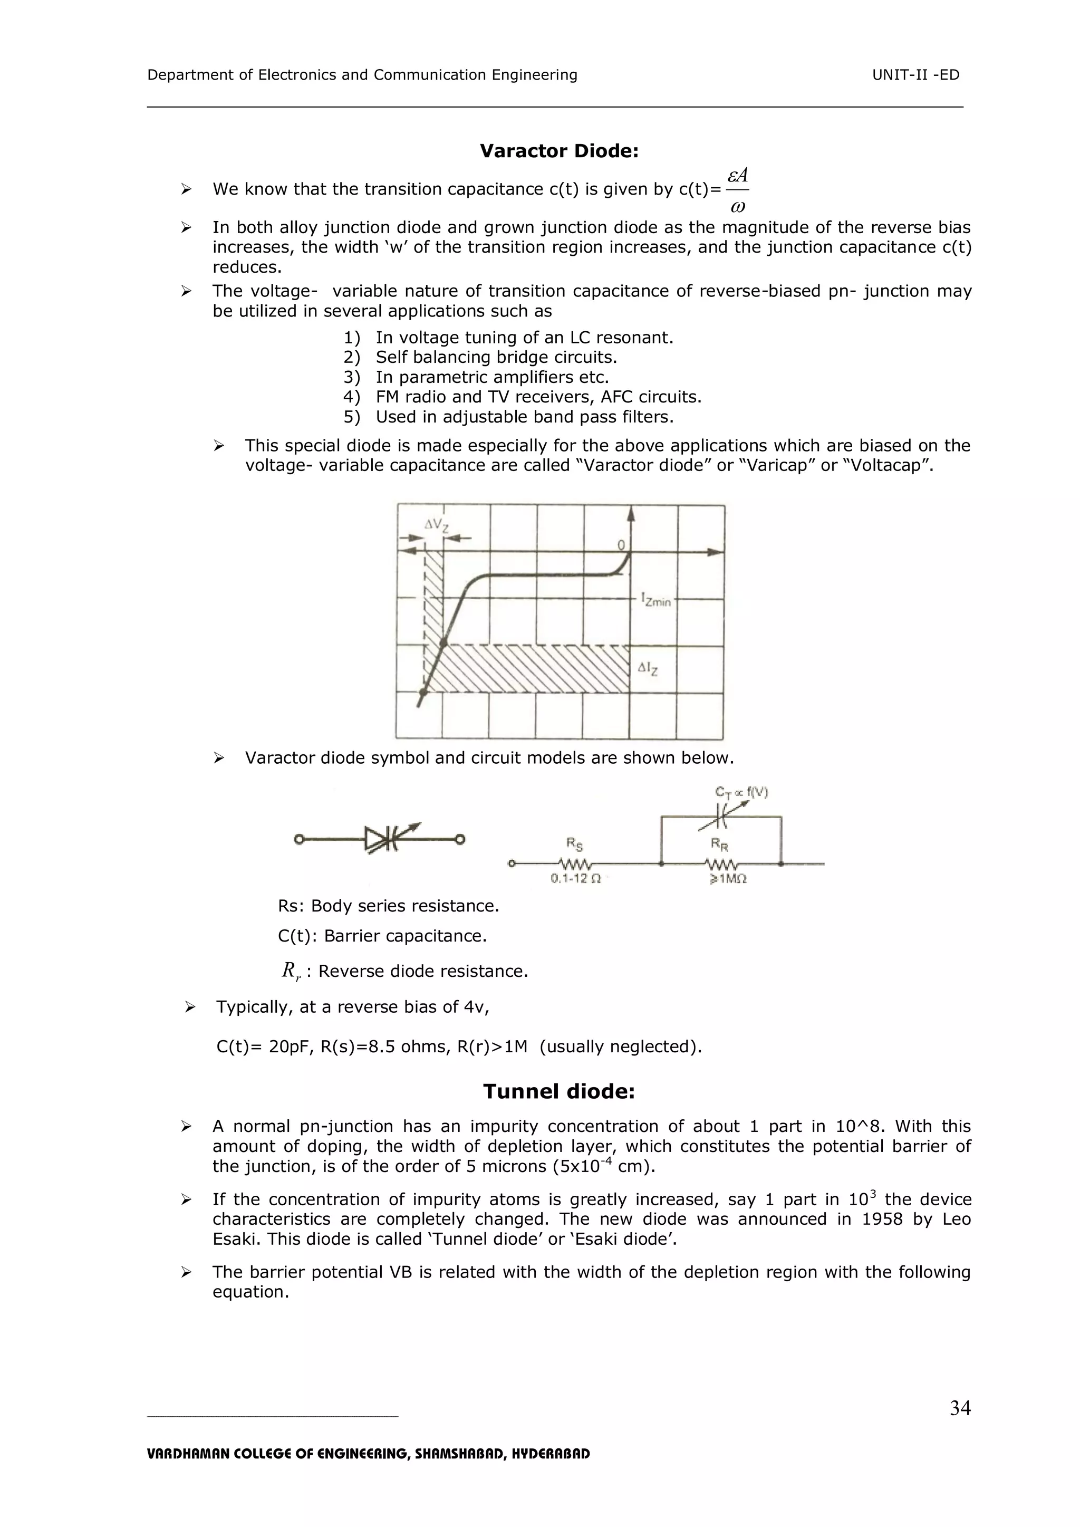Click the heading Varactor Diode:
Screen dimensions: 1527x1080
click(558, 151)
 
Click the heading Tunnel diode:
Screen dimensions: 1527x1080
click(558, 1091)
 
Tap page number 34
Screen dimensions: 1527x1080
click(960, 1408)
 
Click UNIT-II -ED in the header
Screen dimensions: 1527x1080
click(916, 75)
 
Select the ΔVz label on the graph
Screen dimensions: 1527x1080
click(436, 525)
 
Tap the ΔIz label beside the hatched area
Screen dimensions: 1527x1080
click(648, 668)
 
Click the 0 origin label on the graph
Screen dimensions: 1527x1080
click(621, 545)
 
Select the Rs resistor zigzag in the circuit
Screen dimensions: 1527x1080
click(575, 864)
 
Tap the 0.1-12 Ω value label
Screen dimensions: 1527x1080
click(575, 879)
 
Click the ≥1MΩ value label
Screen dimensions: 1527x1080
click(728, 879)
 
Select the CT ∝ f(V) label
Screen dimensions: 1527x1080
click(741, 791)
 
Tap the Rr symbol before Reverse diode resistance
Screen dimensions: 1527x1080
click(291, 971)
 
